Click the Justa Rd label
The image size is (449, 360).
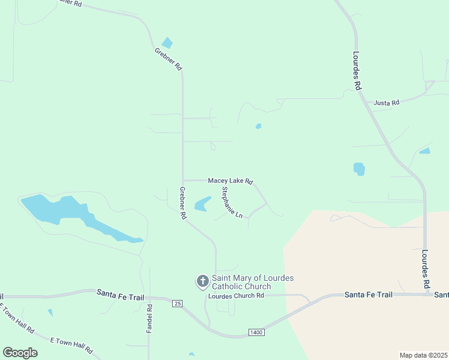click(x=386, y=103)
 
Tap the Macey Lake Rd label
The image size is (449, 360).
click(x=231, y=181)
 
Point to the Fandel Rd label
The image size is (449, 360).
click(x=150, y=319)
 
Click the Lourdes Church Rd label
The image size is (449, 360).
click(x=236, y=296)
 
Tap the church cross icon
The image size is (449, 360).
click(x=203, y=281)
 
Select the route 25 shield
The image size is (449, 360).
click(x=176, y=303)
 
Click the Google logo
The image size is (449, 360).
click(x=20, y=352)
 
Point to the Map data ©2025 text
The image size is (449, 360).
click(x=423, y=355)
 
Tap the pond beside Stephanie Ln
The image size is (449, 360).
click(x=203, y=204)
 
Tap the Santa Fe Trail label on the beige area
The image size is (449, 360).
click(x=368, y=295)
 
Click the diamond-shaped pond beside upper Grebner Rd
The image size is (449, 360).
click(x=167, y=43)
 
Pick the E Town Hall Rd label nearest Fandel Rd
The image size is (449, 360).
click(x=71, y=344)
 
